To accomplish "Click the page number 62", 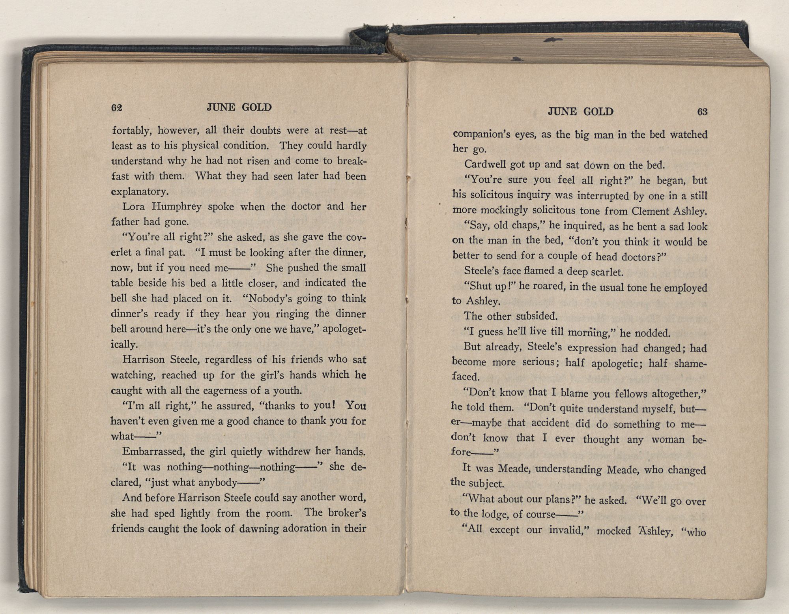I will coord(117,108).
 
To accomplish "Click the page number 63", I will coord(702,112).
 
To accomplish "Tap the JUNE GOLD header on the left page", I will coord(239,107).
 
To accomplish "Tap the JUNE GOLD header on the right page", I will coord(581,112).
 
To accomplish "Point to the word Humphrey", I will coord(177,206).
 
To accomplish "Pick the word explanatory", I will coord(140,192).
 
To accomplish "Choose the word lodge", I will coord(496,514).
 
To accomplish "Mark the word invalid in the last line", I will coord(566,530).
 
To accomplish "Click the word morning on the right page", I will coord(588,333).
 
